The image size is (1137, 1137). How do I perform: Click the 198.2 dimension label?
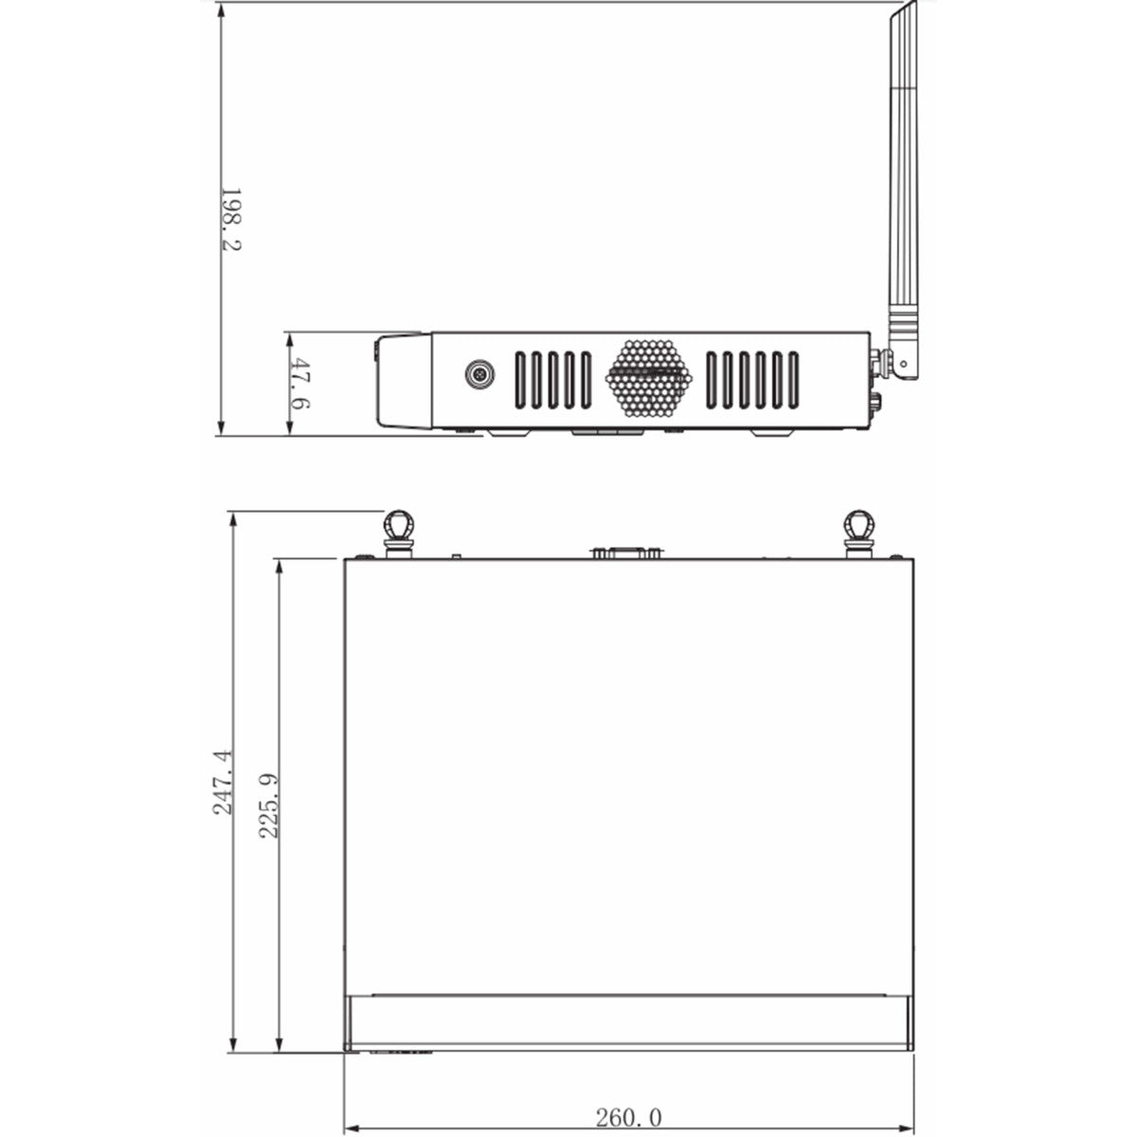tap(231, 219)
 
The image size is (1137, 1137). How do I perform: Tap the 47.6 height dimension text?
tap(301, 384)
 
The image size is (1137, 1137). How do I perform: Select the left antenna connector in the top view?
tap(397, 530)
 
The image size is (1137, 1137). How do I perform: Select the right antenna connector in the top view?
tap(859, 530)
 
